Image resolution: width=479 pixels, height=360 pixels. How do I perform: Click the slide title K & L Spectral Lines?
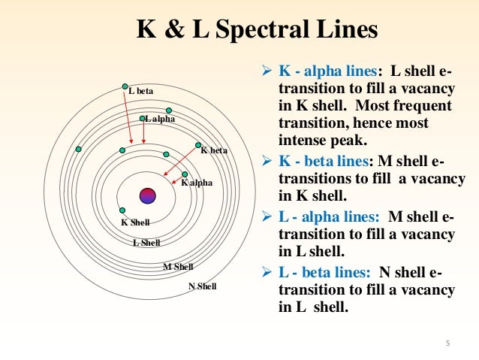257,31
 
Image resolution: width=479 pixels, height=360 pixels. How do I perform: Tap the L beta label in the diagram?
140,92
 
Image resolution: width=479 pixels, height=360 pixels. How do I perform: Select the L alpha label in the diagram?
160,119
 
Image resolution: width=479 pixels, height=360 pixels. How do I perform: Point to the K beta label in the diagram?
214,150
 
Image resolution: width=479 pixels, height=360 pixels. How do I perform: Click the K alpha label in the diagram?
197,183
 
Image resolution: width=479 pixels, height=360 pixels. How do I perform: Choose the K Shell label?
136,222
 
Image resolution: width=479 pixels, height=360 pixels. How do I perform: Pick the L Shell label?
146,243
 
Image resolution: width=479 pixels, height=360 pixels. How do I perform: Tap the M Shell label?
178,267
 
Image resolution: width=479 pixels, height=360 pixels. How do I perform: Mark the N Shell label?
202,286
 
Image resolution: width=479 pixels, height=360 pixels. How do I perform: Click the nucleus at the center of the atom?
147,195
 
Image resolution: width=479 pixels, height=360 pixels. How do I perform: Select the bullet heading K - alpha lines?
327,72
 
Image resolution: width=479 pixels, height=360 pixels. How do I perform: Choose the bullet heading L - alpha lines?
328,217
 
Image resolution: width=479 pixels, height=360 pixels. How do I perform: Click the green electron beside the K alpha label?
185,174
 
